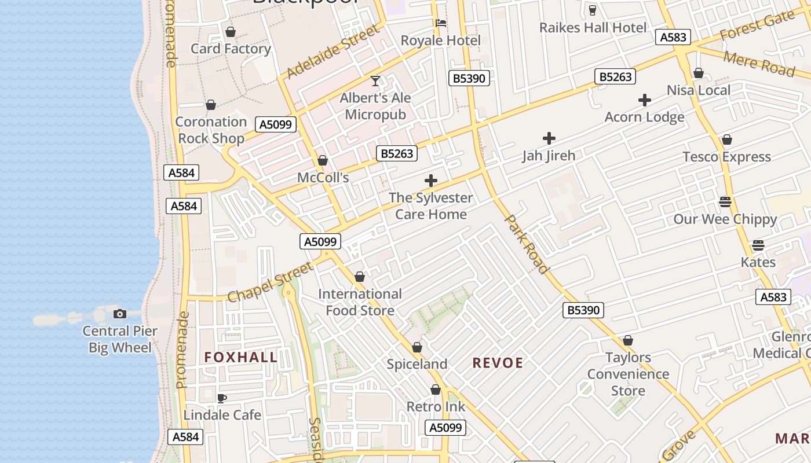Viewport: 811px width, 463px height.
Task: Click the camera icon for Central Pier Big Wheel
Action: click(x=120, y=314)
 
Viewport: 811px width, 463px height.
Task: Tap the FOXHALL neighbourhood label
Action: click(x=241, y=357)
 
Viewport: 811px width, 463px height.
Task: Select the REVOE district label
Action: click(x=498, y=363)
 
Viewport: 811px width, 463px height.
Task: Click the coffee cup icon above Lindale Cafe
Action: click(x=221, y=398)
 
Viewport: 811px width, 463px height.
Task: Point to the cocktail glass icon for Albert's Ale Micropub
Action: click(x=375, y=81)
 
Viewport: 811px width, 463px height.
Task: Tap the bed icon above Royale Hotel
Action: click(x=441, y=24)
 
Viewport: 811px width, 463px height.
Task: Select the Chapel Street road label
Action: click(x=271, y=282)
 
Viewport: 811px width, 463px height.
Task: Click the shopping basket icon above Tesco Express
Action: click(x=726, y=140)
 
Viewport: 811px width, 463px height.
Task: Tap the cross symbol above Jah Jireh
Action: click(x=549, y=138)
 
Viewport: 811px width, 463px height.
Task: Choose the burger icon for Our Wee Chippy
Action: click(x=725, y=202)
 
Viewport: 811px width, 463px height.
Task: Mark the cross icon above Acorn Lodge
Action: click(x=644, y=101)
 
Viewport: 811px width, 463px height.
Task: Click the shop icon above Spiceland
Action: click(x=417, y=347)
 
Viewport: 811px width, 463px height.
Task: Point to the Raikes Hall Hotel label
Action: click(x=593, y=28)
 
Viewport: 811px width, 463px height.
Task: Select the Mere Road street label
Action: click(x=759, y=63)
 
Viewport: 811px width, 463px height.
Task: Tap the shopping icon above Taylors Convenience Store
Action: click(x=628, y=341)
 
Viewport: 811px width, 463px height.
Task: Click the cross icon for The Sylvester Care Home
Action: click(x=430, y=181)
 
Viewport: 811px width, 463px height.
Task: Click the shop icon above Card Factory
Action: click(x=231, y=32)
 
